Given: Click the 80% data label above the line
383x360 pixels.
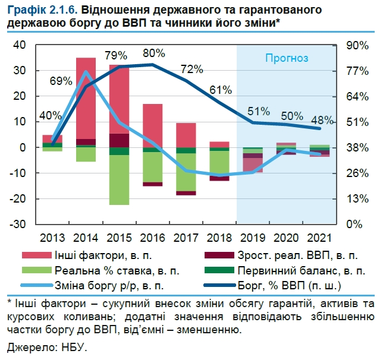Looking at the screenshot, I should (153, 53).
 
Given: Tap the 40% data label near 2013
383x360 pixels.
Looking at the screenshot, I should (50, 115).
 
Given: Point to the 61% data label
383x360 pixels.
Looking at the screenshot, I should (220, 90).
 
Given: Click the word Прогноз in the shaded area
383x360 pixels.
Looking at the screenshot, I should (287, 58).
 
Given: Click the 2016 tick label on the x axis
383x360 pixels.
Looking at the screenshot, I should (153, 237).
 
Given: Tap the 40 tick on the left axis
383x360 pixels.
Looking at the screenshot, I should (20, 45).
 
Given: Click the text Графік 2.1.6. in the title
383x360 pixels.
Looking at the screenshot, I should (39, 11).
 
